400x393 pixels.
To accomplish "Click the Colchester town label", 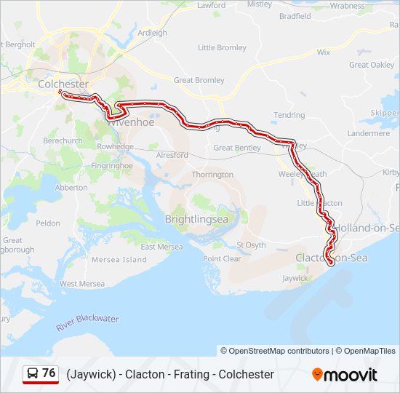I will (x=63, y=84).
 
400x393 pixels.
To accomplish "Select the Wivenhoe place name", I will (x=131, y=122).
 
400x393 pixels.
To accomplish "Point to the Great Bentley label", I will (x=236, y=148).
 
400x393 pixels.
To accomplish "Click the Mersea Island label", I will (x=124, y=259).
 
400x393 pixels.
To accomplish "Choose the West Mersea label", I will (x=82, y=283).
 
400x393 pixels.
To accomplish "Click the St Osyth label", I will (x=251, y=245).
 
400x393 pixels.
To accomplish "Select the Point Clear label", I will (x=222, y=258).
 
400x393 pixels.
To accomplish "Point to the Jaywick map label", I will (x=295, y=277).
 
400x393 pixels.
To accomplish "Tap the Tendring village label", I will (x=289, y=115).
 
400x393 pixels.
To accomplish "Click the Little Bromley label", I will (x=222, y=48).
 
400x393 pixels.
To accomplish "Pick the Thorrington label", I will (x=212, y=175).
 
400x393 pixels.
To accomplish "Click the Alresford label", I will (x=172, y=155).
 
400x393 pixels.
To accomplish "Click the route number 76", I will (x=49, y=373).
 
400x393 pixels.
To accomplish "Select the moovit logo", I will (x=345, y=375).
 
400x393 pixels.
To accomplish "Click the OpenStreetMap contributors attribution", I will (x=275, y=351).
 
